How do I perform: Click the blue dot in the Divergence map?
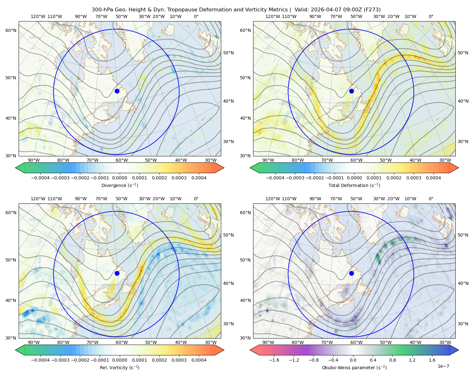pos(117,91)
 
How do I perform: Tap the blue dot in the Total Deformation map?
pos(351,91)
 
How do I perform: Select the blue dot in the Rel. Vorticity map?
pos(117,273)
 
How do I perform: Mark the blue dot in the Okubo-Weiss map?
pos(351,273)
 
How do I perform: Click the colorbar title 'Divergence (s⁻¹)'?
pos(119,185)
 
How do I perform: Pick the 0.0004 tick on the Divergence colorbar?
pos(199,178)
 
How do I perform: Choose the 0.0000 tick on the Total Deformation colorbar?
pos(354,178)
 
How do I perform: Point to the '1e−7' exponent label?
pos(443,366)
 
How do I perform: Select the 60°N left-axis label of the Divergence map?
pos(11,30)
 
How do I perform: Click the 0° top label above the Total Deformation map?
pos(431,16)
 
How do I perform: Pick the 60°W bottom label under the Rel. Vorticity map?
pos(122,342)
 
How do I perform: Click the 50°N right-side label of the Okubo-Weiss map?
pos(463,235)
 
